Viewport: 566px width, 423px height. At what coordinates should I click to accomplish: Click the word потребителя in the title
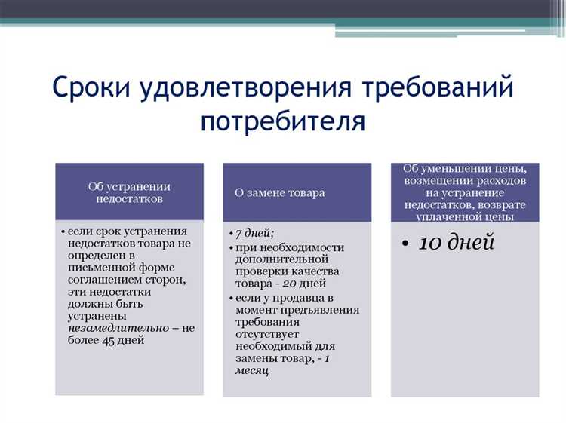pos(283,121)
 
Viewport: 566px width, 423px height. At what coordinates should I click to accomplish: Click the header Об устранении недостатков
pos(129,192)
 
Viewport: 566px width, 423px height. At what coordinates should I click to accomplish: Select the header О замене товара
pos(280,192)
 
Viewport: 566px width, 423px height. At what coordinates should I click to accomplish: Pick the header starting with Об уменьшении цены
pos(465,192)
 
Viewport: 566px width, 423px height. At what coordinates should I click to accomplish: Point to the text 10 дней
pos(457,242)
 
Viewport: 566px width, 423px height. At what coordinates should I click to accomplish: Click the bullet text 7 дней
pos(254,233)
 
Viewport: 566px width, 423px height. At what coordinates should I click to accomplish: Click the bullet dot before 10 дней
pos(405,244)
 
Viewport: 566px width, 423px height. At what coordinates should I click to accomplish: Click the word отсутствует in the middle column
pos(267,333)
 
